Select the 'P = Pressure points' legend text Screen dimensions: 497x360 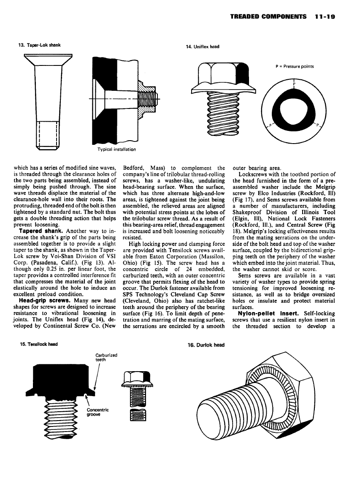(294, 66)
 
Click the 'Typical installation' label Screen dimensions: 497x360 (116, 149)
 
